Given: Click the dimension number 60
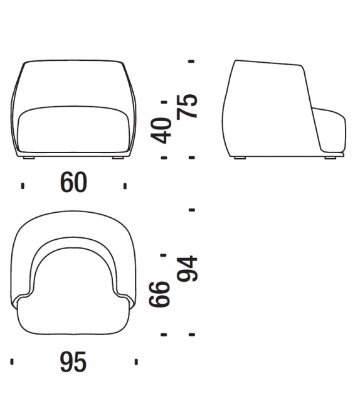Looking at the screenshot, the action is (x=74, y=182).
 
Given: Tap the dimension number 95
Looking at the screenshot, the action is (x=73, y=362).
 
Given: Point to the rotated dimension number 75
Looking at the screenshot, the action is (x=188, y=107).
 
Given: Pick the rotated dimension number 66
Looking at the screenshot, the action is (x=159, y=294).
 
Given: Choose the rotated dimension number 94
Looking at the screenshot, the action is (x=188, y=268).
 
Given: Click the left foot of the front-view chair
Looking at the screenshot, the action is (x=28, y=158).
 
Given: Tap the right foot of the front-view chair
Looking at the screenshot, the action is (x=118, y=158).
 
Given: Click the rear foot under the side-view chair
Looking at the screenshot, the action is (x=240, y=158).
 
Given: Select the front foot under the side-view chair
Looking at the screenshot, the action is (x=331, y=158).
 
